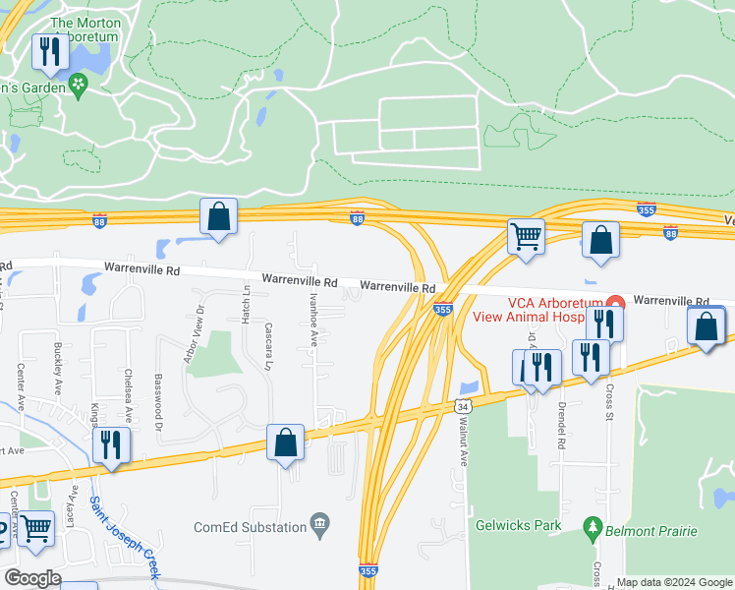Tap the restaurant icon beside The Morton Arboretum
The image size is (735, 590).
(48, 51)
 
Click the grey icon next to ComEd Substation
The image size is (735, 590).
(319, 522)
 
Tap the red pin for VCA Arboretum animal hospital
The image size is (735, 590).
(615, 303)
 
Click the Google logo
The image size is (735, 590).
(33, 577)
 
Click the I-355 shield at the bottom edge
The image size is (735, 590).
(367, 570)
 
